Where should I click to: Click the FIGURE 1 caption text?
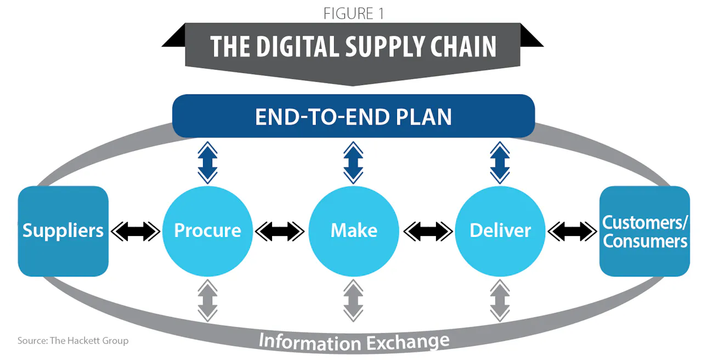pyautogui.click(x=354, y=13)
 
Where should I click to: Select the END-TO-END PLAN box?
pyautogui.click(x=353, y=116)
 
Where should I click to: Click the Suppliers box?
pyautogui.click(x=63, y=231)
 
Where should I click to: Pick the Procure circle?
pyautogui.click(x=207, y=231)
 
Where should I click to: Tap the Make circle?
pyautogui.click(x=354, y=231)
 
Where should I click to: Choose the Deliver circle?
pyautogui.click(x=500, y=231)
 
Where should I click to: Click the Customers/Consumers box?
pyautogui.click(x=644, y=231)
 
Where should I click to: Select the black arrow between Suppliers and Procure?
pyautogui.click(x=135, y=231)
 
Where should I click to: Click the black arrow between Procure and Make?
pyautogui.click(x=280, y=231)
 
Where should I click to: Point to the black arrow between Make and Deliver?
pyautogui.click(x=428, y=231)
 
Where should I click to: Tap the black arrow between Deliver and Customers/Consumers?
pyautogui.click(x=572, y=231)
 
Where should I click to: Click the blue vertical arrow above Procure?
pyautogui.click(x=207, y=162)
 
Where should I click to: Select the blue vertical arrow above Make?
pyautogui.click(x=354, y=162)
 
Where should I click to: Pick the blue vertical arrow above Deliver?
pyautogui.click(x=500, y=162)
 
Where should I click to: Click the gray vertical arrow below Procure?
pyautogui.click(x=207, y=300)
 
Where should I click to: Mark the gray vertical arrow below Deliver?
pyautogui.click(x=500, y=300)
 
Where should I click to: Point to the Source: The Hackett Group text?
pyautogui.click(x=73, y=341)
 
